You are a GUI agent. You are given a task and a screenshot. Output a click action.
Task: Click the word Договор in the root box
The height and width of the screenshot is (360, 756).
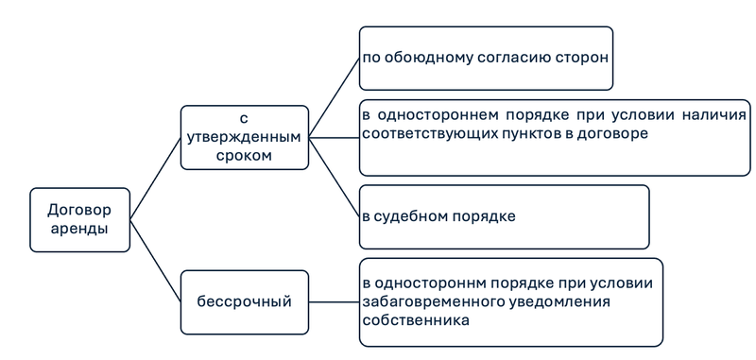(79, 210)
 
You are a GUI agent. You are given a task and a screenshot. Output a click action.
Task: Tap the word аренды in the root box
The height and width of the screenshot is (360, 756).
(79, 229)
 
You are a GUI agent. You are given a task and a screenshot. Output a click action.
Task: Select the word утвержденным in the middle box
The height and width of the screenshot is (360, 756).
(244, 137)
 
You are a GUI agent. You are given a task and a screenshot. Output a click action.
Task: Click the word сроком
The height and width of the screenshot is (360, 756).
(244, 155)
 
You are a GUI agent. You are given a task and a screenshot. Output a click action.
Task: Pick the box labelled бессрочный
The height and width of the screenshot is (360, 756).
(244, 301)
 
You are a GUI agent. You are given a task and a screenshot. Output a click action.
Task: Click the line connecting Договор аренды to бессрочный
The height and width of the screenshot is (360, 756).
(155, 262)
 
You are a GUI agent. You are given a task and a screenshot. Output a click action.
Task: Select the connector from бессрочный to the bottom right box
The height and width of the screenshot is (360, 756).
(335, 301)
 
